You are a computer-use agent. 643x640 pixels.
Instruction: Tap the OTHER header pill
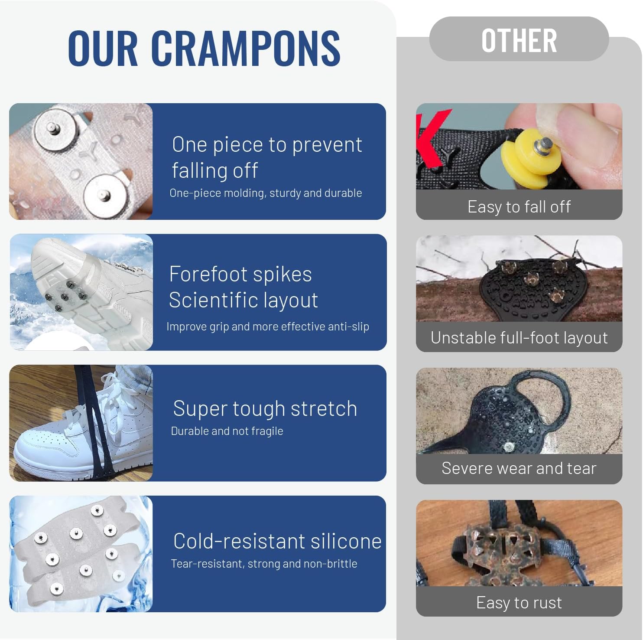point(519,40)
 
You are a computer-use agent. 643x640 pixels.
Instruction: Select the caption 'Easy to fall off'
point(519,207)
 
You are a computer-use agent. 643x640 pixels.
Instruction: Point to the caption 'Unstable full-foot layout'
point(519,338)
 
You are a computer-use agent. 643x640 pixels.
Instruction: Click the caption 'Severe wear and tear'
point(519,468)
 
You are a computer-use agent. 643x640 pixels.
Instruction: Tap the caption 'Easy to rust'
point(519,603)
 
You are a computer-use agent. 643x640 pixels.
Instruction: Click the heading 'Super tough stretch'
point(265,408)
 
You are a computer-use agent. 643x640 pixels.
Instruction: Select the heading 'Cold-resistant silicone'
point(277,541)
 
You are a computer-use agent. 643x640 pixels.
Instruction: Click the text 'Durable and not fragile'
point(227,431)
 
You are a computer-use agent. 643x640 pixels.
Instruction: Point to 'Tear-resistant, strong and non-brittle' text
point(264,564)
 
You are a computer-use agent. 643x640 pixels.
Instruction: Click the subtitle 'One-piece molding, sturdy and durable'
point(266,193)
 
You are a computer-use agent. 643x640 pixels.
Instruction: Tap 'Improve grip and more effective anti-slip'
point(268,327)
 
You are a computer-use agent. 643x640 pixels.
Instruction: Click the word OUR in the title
point(102,48)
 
